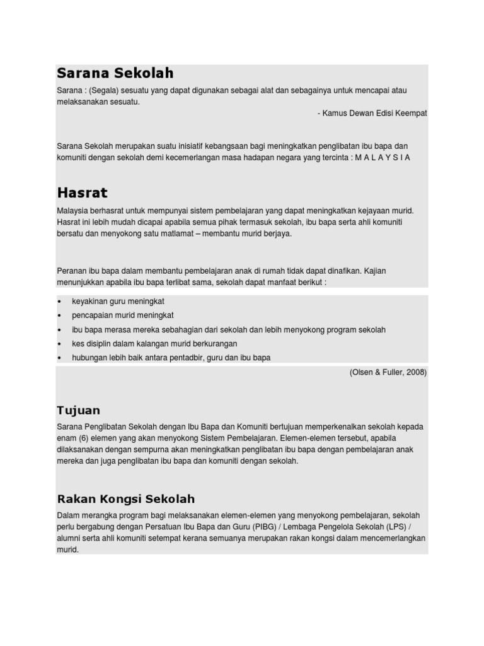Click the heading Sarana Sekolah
click(115, 73)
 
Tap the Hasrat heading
click(82, 192)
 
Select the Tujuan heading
click(78, 410)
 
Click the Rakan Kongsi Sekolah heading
click(126, 499)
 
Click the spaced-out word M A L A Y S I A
click(382, 158)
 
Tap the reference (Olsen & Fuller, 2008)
click(388, 372)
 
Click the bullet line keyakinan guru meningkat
click(118, 302)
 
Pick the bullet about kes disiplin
click(154, 344)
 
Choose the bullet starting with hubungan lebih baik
click(171, 358)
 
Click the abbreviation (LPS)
click(402, 527)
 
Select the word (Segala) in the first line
click(104, 90)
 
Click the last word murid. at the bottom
click(67, 550)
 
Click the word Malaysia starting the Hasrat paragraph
click(74, 210)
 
